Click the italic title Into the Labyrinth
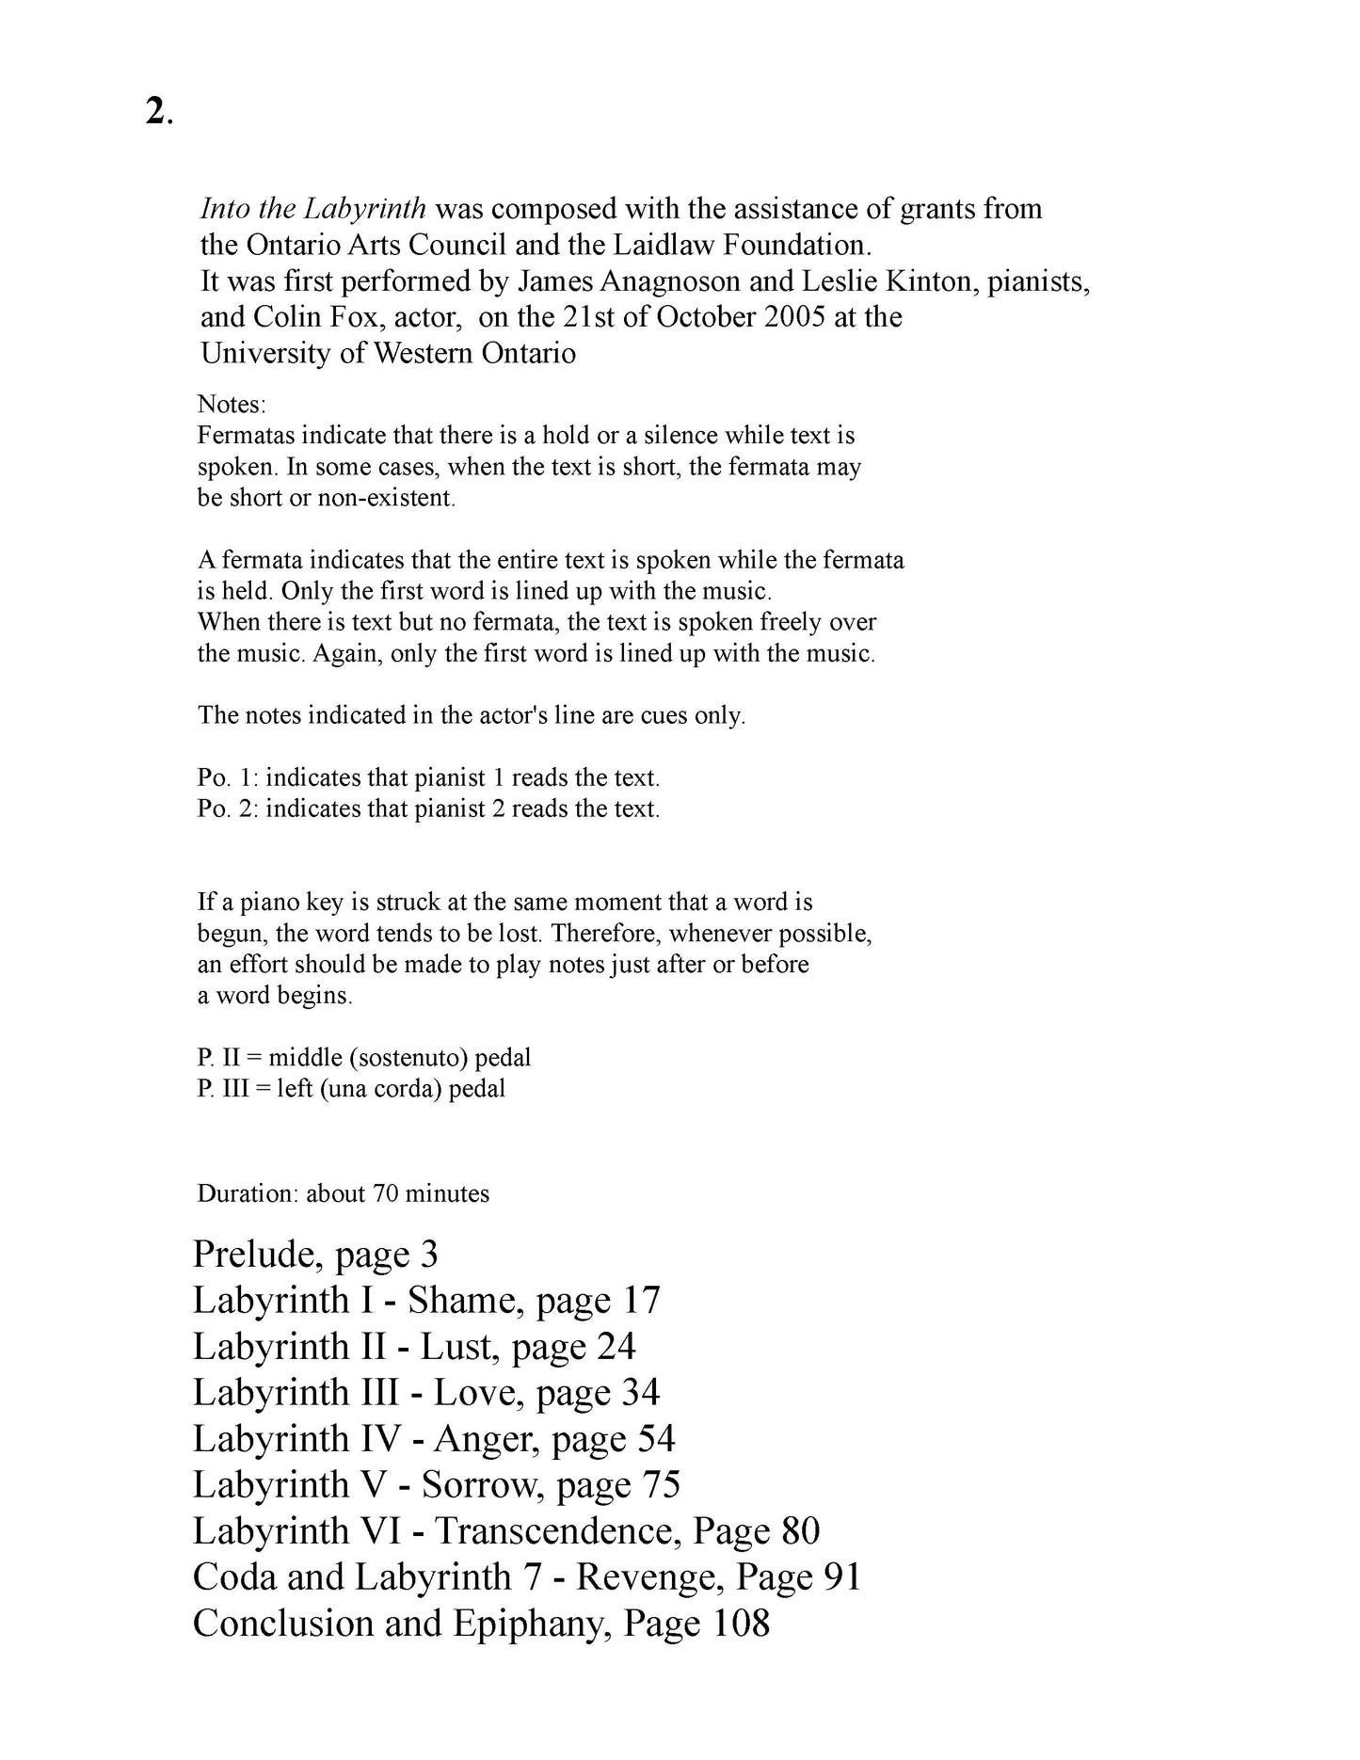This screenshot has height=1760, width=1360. (313, 208)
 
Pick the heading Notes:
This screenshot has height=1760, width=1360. (232, 405)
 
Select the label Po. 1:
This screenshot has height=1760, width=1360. (227, 778)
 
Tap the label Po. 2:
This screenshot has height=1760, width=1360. (227, 809)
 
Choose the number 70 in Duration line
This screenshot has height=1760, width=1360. (386, 1193)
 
